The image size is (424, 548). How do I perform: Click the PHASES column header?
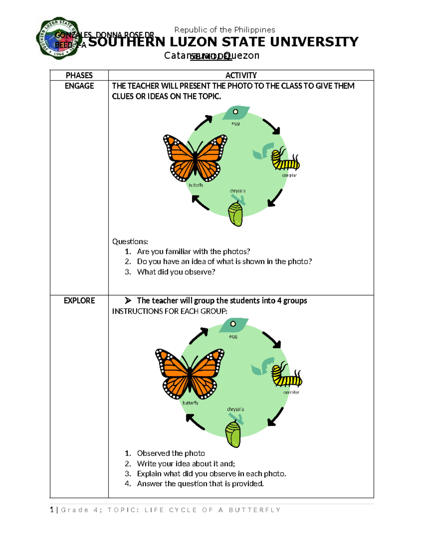coord(79,75)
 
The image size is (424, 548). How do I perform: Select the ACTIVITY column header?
coord(241,75)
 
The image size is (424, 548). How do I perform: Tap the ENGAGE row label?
coord(79,86)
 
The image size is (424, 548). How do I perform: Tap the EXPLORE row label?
coord(79,301)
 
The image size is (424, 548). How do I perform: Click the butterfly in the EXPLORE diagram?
coord(190,373)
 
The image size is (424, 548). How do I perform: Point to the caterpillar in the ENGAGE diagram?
coord(285,160)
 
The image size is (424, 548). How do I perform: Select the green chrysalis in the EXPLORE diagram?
coord(233,434)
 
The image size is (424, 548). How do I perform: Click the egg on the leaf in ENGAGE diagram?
coord(236,112)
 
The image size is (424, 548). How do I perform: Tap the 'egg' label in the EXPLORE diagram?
coord(233,337)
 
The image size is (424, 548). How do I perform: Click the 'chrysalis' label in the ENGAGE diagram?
coord(237,191)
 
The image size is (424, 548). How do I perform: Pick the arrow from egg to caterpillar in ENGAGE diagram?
coord(271,127)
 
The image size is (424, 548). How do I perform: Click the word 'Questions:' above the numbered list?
coord(130,242)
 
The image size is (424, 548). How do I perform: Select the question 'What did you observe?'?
coord(176,272)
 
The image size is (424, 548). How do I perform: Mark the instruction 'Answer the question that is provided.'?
coord(200,484)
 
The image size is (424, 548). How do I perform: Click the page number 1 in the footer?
coord(52,510)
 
